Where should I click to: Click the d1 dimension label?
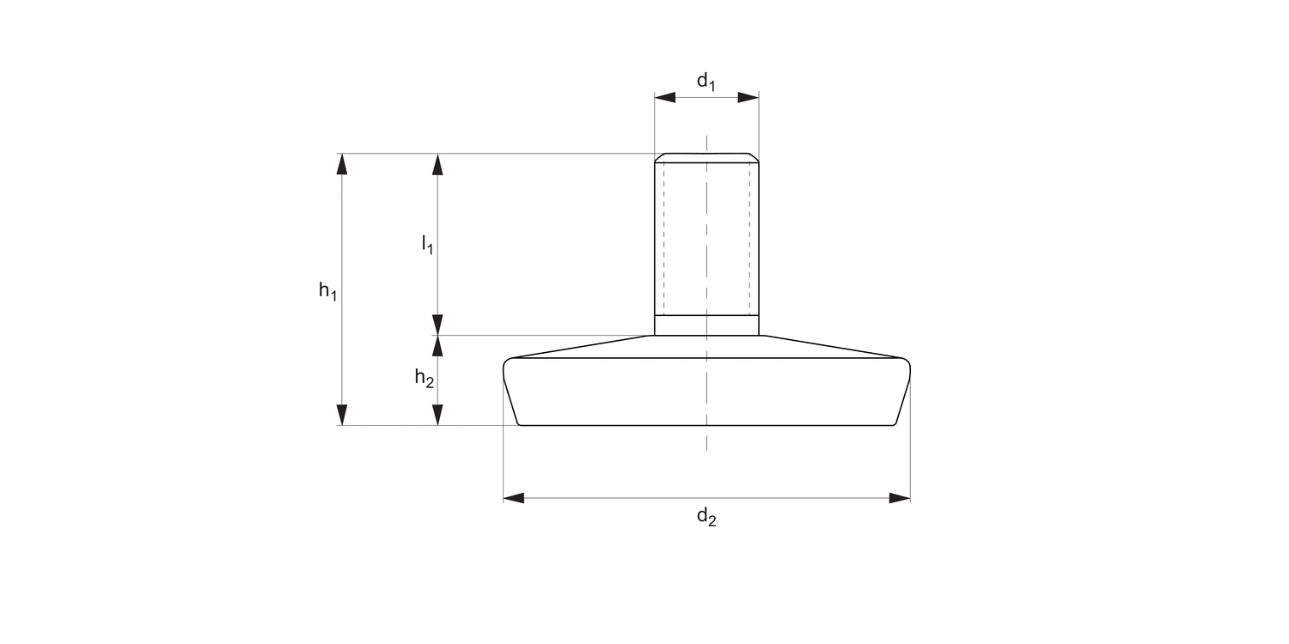point(706,82)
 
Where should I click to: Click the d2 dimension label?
point(706,517)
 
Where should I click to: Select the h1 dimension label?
point(327,291)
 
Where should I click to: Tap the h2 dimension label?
point(424,377)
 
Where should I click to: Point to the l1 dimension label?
point(427,245)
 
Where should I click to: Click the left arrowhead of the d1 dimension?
point(664,98)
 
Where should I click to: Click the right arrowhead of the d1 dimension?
point(748,98)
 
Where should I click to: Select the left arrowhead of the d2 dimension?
point(514,498)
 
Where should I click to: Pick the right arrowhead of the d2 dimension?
point(900,498)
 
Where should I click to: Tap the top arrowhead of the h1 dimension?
point(343,164)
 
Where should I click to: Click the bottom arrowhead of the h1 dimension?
point(343,415)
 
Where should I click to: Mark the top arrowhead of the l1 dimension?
point(437,164)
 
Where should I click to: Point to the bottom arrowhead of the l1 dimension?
point(437,325)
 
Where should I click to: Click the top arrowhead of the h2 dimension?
point(437,345)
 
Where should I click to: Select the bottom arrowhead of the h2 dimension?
point(437,415)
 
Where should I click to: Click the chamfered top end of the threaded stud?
point(706,157)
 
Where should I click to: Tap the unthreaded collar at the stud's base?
point(706,325)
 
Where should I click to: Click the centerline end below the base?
point(706,448)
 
